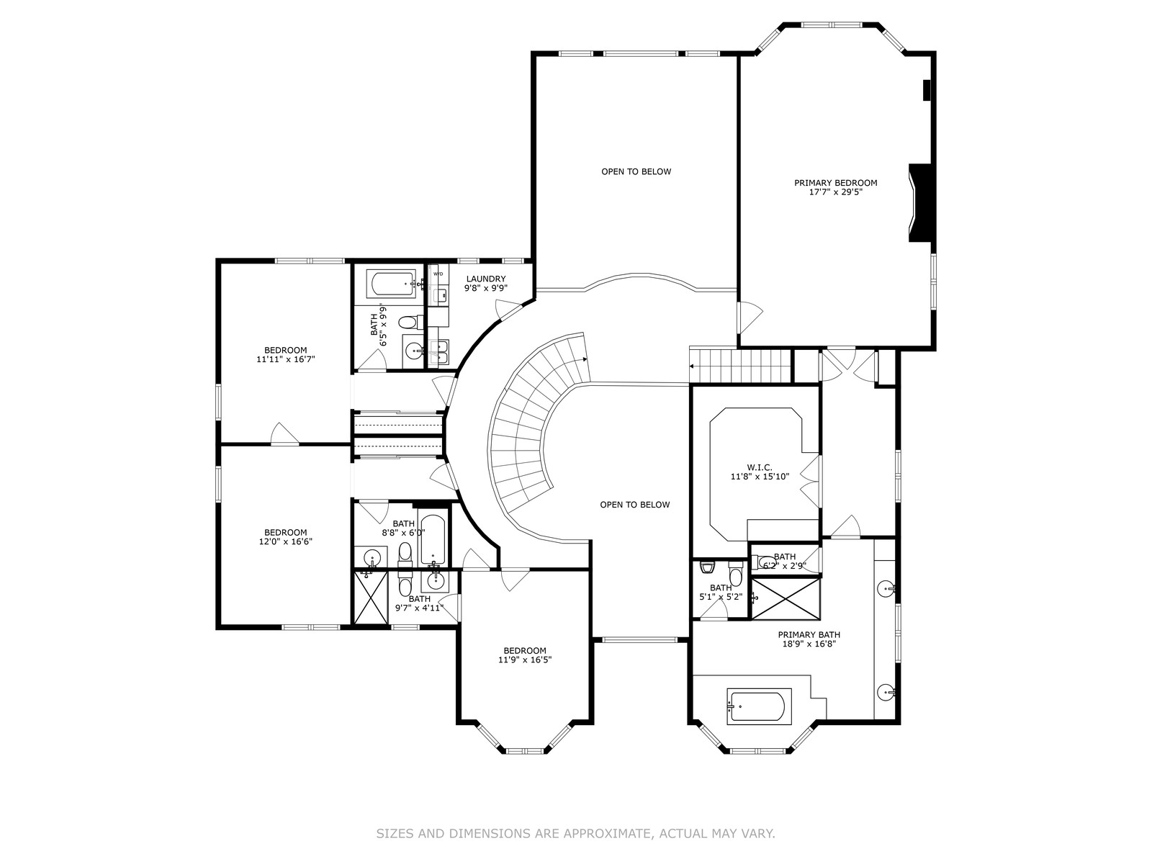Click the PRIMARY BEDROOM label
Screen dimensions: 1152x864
[835, 183]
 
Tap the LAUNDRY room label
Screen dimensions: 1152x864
[486, 279]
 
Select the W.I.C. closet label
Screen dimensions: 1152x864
[760, 467]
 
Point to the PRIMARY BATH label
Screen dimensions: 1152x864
[809, 635]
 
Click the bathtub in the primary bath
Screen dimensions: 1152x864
[756, 706]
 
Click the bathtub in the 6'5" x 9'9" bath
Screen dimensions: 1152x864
[394, 283]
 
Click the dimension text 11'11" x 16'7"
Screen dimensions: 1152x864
[286, 359]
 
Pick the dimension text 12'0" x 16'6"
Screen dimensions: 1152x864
[286, 541]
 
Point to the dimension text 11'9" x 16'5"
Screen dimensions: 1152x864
[525, 660]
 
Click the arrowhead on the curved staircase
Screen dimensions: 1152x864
[585, 360]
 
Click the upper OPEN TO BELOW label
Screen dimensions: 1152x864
[636, 171]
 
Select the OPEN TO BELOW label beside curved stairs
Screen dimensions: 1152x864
[635, 505]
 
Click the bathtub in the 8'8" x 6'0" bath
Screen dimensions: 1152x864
[433, 539]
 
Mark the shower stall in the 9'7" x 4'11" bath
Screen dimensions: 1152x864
[371, 598]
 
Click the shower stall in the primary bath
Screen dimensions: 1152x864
[786, 598]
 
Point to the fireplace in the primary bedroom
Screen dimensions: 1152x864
[922, 203]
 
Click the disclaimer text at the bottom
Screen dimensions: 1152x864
[576, 834]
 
